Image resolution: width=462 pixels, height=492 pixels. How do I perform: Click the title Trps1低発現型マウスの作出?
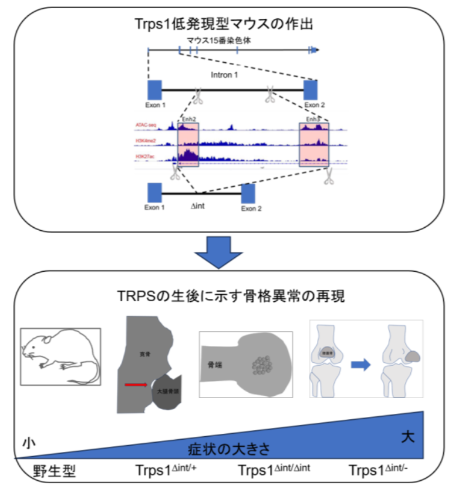pos(231,24)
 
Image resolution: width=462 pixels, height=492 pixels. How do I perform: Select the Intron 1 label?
pos(225,75)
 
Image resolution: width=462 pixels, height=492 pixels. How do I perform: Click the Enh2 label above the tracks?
pos(188,119)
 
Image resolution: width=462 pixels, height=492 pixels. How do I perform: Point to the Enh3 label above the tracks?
pos(313,119)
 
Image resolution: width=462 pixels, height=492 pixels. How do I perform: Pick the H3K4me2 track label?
pos(146,141)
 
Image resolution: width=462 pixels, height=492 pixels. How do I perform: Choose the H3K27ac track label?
pos(146,157)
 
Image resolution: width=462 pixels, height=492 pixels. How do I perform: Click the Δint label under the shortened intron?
pos(198,206)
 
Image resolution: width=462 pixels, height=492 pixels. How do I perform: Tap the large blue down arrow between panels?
pos(218,252)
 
